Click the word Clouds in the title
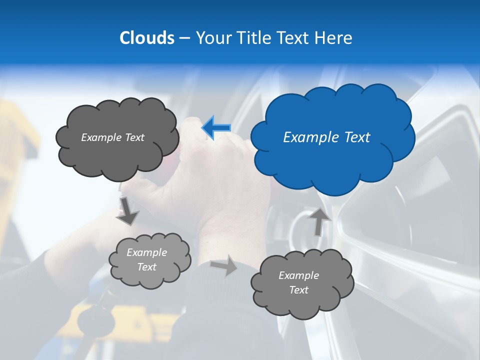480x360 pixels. pos(146,38)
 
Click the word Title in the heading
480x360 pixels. pos(252,38)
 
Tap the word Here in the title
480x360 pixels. pos(332,38)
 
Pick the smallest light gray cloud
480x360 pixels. pos(149,260)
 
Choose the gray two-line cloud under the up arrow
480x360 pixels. pos(302,283)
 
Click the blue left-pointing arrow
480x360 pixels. pos(216,127)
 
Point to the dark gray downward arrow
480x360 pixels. pos(128,210)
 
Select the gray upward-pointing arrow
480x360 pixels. pos(318,221)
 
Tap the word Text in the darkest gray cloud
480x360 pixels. pos(134,137)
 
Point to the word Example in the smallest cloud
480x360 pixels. pos(146,252)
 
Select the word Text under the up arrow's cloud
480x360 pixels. pos(298,290)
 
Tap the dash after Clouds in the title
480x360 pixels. pos(184,38)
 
